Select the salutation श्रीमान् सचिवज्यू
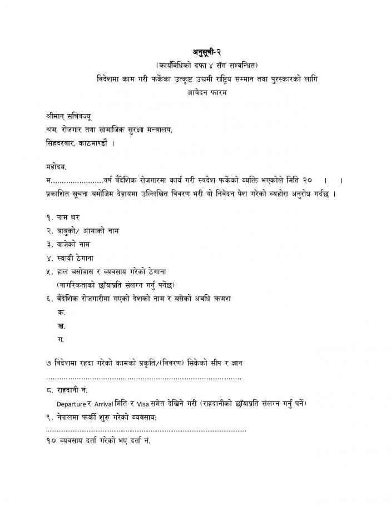(x=70, y=117)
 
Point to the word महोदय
(x=56, y=167)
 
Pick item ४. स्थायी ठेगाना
(x=73, y=258)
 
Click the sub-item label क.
(x=61, y=312)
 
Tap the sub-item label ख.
(x=61, y=326)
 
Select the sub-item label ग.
(x=61, y=340)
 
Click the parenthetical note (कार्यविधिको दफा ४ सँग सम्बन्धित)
(x=207, y=66)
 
